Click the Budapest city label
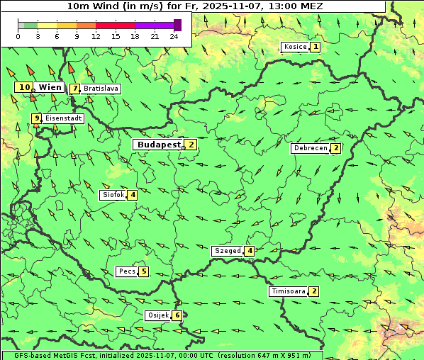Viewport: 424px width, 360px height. [x=159, y=145]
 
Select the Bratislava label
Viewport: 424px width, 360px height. [x=100, y=89]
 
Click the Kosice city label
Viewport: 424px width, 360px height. [x=295, y=47]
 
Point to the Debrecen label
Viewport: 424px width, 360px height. [x=310, y=149]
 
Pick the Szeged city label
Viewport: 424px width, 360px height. [x=227, y=251]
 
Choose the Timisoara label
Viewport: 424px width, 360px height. [x=288, y=291]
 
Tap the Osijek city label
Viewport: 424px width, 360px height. [x=157, y=315]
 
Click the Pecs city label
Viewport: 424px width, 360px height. [x=127, y=271]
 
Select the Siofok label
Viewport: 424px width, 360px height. [x=113, y=195]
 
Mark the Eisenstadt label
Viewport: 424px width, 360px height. [x=63, y=119]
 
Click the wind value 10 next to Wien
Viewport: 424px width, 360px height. [x=24, y=87]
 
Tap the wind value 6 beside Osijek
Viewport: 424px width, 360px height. [x=177, y=315]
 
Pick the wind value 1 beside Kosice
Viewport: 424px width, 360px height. [x=316, y=47]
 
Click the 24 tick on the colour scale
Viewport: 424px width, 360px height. [x=174, y=36]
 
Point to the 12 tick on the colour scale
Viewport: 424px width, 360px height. [x=96, y=36]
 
